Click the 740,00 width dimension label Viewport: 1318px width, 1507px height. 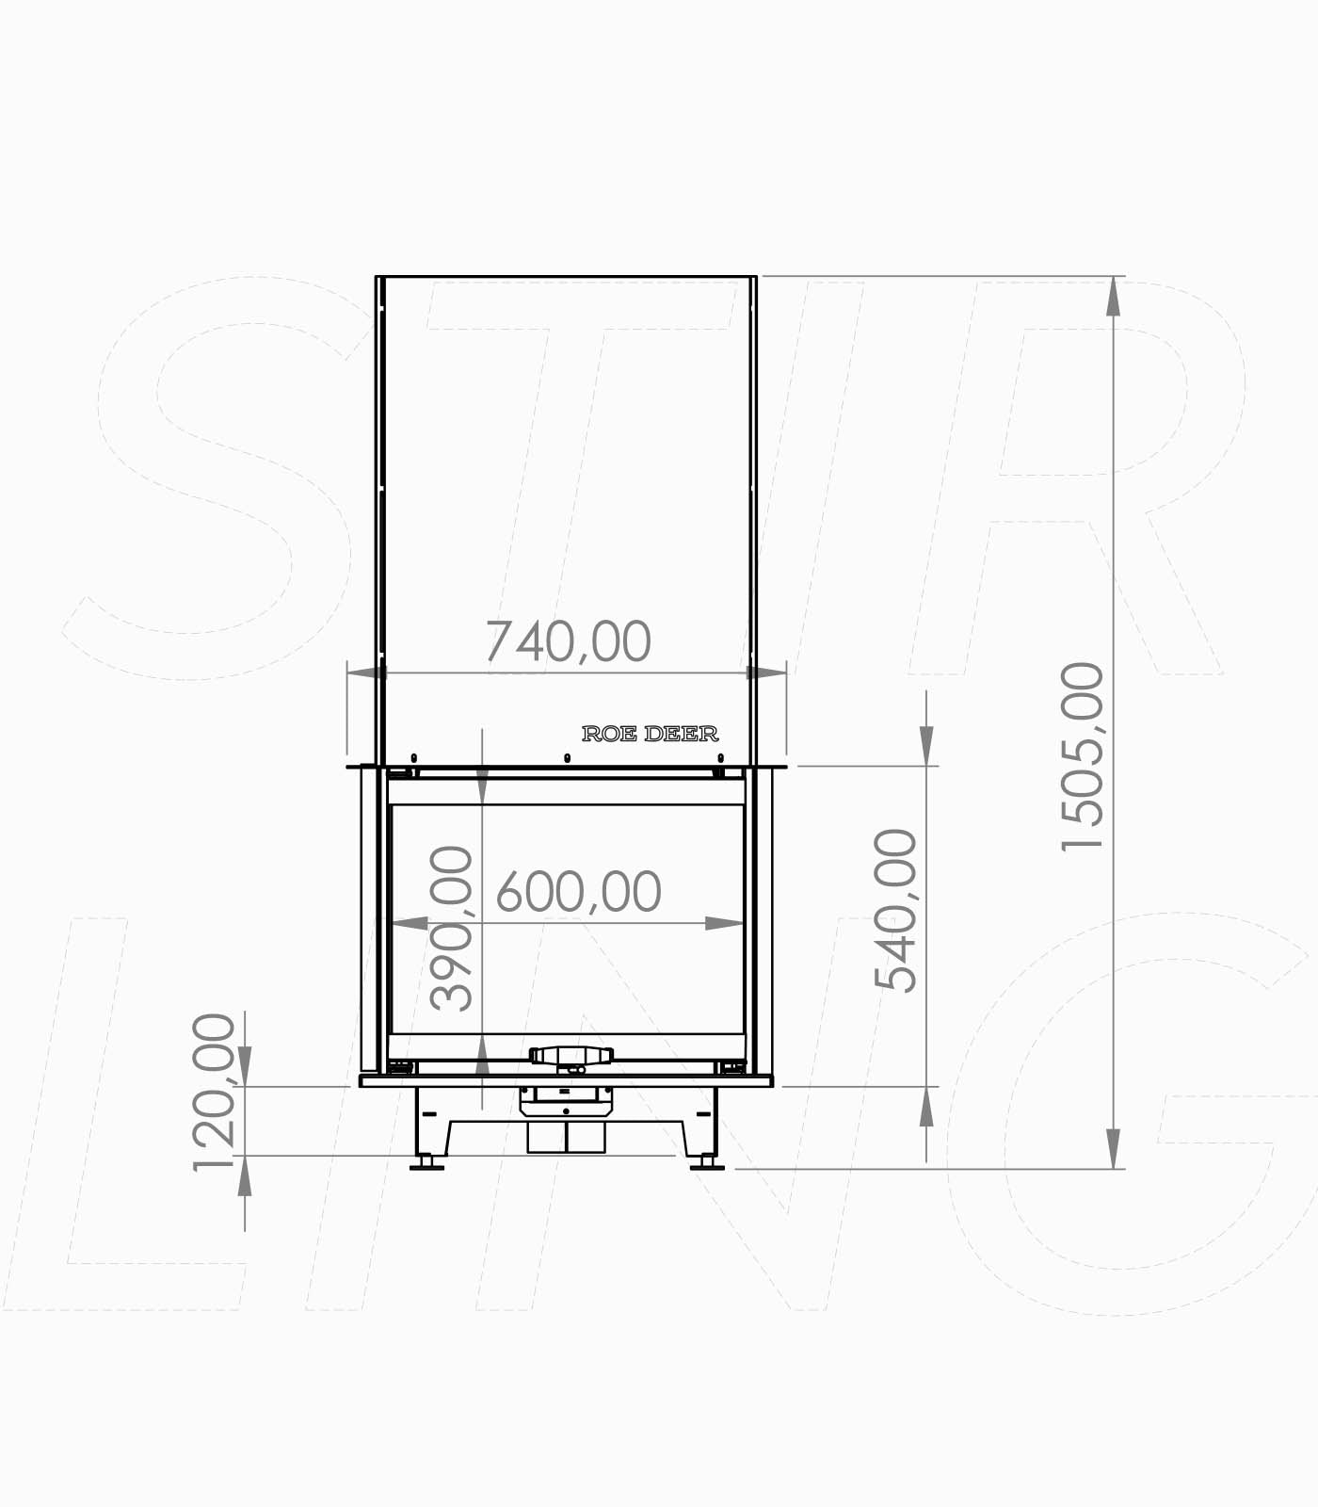point(568,642)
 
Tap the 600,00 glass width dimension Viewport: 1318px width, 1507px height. point(578,892)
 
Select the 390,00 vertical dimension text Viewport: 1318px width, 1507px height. point(451,929)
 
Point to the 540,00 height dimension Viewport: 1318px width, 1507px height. point(895,910)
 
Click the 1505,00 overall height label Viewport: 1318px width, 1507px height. point(1082,757)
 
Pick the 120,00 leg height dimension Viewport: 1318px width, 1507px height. point(213,1092)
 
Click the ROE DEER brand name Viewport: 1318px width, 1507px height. point(651,734)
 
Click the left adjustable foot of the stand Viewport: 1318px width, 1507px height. point(427,1164)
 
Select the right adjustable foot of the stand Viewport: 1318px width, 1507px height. point(707,1164)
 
